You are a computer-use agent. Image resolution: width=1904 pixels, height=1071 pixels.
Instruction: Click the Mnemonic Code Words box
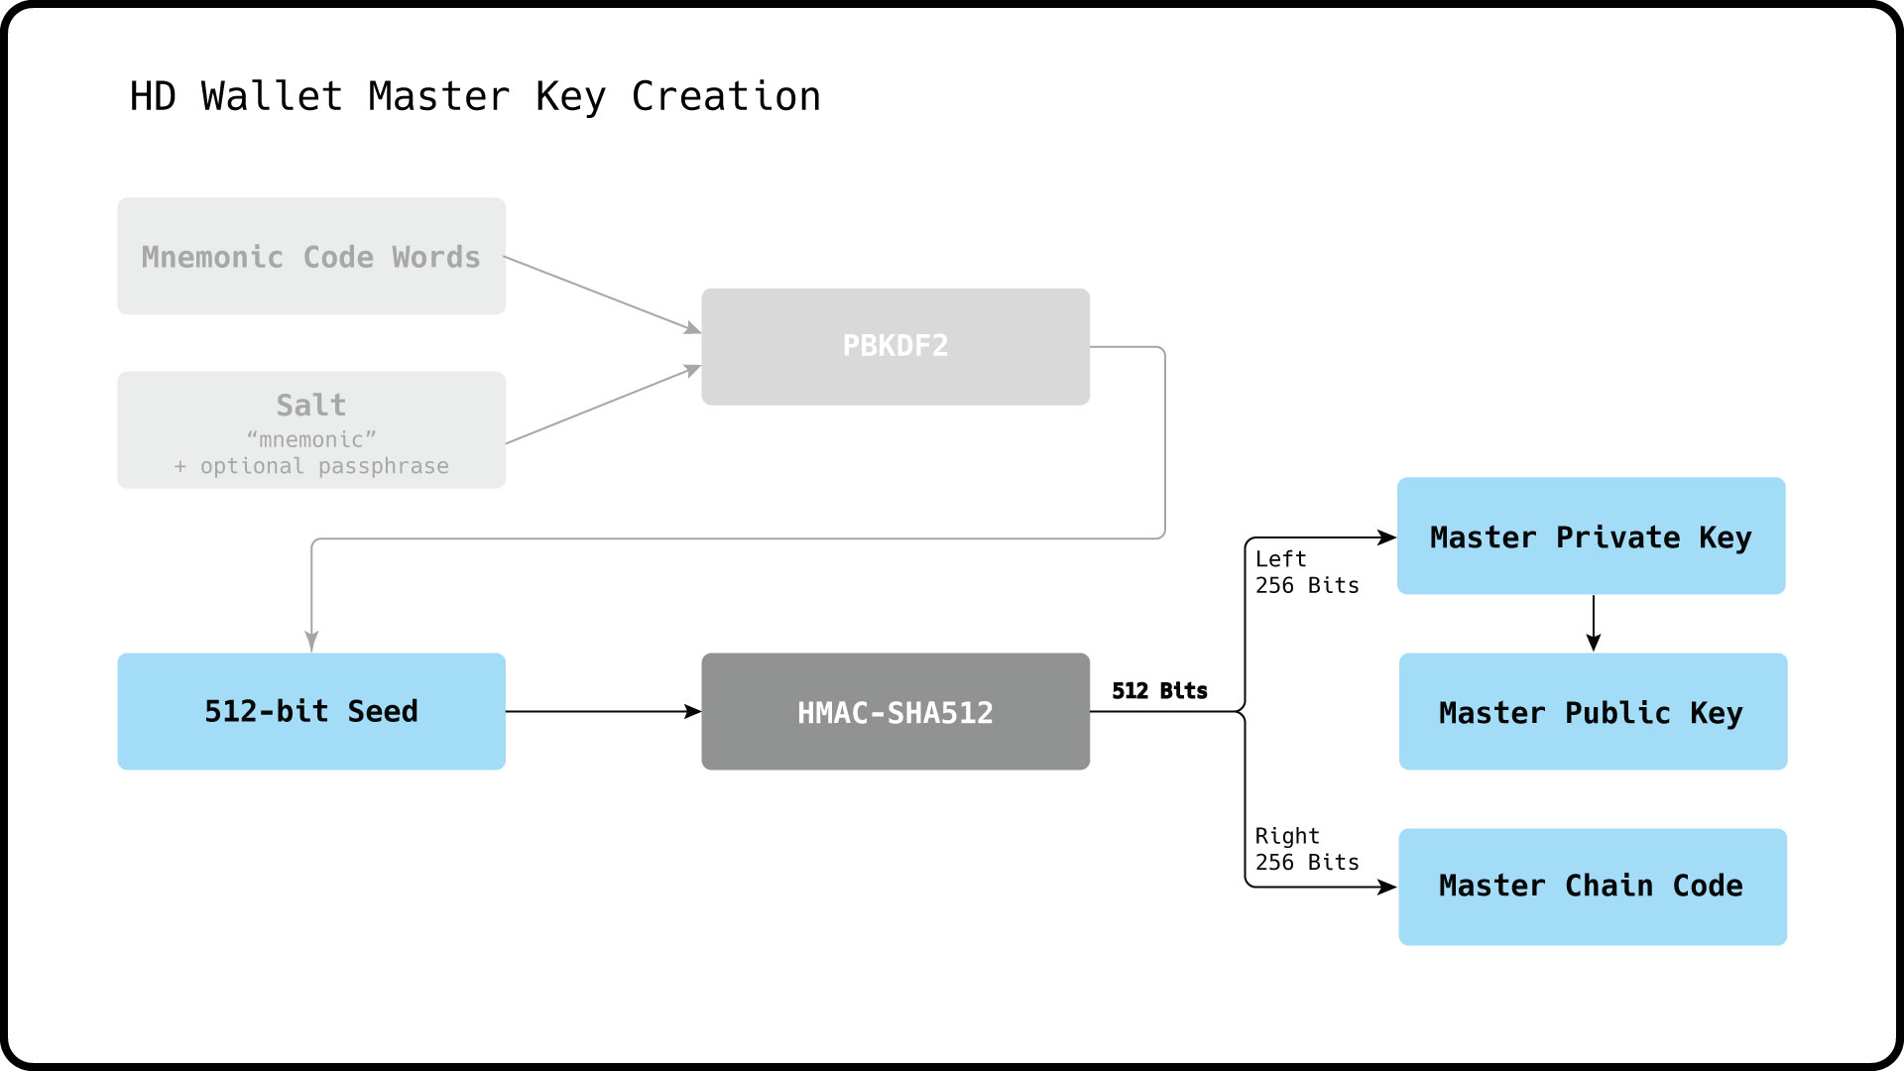coord(311,257)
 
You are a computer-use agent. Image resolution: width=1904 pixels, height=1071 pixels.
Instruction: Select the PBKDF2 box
coord(894,346)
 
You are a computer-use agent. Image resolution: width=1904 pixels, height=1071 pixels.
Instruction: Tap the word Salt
coord(311,405)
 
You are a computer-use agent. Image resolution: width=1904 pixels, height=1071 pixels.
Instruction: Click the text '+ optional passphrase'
coord(311,466)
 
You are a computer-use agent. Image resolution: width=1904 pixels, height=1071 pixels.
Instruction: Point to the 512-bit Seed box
coord(311,711)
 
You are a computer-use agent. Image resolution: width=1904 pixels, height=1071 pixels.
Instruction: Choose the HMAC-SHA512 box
coord(894,711)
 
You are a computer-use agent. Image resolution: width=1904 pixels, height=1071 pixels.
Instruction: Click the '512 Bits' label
coord(1159,690)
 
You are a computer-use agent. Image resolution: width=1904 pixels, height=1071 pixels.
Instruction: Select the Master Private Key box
coord(1591,536)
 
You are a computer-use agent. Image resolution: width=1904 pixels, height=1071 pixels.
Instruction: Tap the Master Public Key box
coord(1593,711)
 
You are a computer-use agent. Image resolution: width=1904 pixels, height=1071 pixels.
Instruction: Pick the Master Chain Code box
coord(1593,887)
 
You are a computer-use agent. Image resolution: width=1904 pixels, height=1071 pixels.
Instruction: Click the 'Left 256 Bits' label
coord(1306,572)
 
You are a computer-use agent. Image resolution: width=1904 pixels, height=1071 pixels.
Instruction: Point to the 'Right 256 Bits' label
coord(1306,849)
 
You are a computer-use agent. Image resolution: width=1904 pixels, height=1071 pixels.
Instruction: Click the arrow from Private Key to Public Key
coord(1594,623)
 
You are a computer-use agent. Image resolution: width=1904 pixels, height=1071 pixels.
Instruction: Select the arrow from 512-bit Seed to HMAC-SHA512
coord(602,711)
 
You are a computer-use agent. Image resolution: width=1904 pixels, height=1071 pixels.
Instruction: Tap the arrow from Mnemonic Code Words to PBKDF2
coord(602,294)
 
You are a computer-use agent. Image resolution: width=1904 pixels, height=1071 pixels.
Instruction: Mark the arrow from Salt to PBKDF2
coord(602,405)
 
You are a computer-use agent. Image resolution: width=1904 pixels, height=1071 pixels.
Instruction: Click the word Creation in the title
coord(726,96)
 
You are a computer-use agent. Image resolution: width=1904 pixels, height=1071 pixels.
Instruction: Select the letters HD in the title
coord(153,96)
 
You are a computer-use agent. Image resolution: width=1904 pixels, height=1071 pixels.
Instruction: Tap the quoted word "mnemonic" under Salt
coord(311,439)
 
